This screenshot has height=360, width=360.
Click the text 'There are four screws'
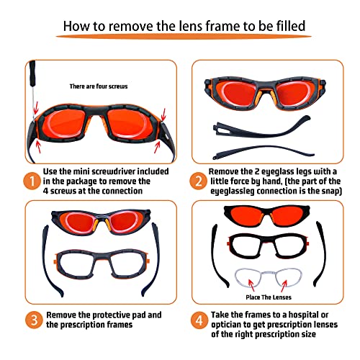pyautogui.click(x=98, y=86)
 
